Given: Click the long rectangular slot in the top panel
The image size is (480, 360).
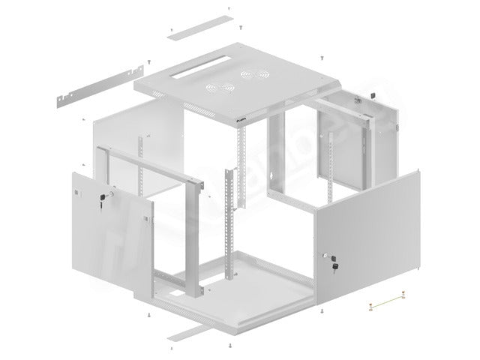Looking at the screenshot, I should coord(196,73).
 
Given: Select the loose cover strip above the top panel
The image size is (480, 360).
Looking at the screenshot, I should coord(199,24).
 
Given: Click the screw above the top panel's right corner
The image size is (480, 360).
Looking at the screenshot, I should coord(321,57).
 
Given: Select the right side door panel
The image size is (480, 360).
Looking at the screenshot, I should coord(367,232).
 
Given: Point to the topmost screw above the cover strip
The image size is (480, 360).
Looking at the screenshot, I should coord(229,10).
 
